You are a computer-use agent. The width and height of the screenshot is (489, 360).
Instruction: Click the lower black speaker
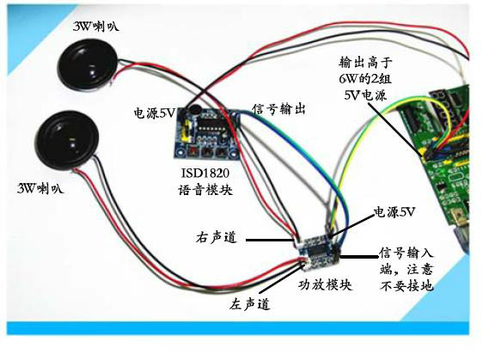pyautogui.click(x=66, y=140)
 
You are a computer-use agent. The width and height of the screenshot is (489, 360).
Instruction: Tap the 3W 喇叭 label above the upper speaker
pyautogui.click(x=96, y=26)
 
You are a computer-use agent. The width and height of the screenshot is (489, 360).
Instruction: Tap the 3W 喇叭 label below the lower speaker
pyautogui.click(x=40, y=188)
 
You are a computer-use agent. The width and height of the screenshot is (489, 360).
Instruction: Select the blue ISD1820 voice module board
pyautogui.click(x=207, y=132)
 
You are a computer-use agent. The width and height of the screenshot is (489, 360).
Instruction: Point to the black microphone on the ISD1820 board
pyautogui.click(x=193, y=109)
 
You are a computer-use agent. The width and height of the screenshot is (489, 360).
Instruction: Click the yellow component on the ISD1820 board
pyautogui.click(x=186, y=131)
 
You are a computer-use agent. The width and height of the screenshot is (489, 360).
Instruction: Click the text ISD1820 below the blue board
pyautogui.click(x=205, y=173)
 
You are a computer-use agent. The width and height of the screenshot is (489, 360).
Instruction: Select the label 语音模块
pyautogui.click(x=205, y=190)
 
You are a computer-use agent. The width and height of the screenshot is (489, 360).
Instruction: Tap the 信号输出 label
pyautogui.click(x=278, y=109)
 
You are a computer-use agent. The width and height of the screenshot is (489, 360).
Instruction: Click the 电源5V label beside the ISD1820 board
pyautogui.click(x=155, y=113)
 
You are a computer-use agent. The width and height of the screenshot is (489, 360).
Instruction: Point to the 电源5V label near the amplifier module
pyautogui.click(x=394, y=212)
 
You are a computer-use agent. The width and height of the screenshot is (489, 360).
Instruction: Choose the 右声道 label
pyautogui.click(x=216, y=238)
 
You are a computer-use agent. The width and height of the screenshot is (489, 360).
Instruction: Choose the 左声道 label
pyautogui.click(x=249, y=303)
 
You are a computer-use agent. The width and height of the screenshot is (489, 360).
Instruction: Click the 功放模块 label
pyautogui.click(x=326, y=284)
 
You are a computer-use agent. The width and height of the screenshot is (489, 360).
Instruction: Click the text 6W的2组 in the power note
pyautogui.click(x=365, y=78)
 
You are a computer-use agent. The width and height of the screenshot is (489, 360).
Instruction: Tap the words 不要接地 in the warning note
pyautogui.click(x=406, y=284)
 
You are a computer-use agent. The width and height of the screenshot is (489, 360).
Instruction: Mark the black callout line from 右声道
pyautogui.click(x=270, y=240)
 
